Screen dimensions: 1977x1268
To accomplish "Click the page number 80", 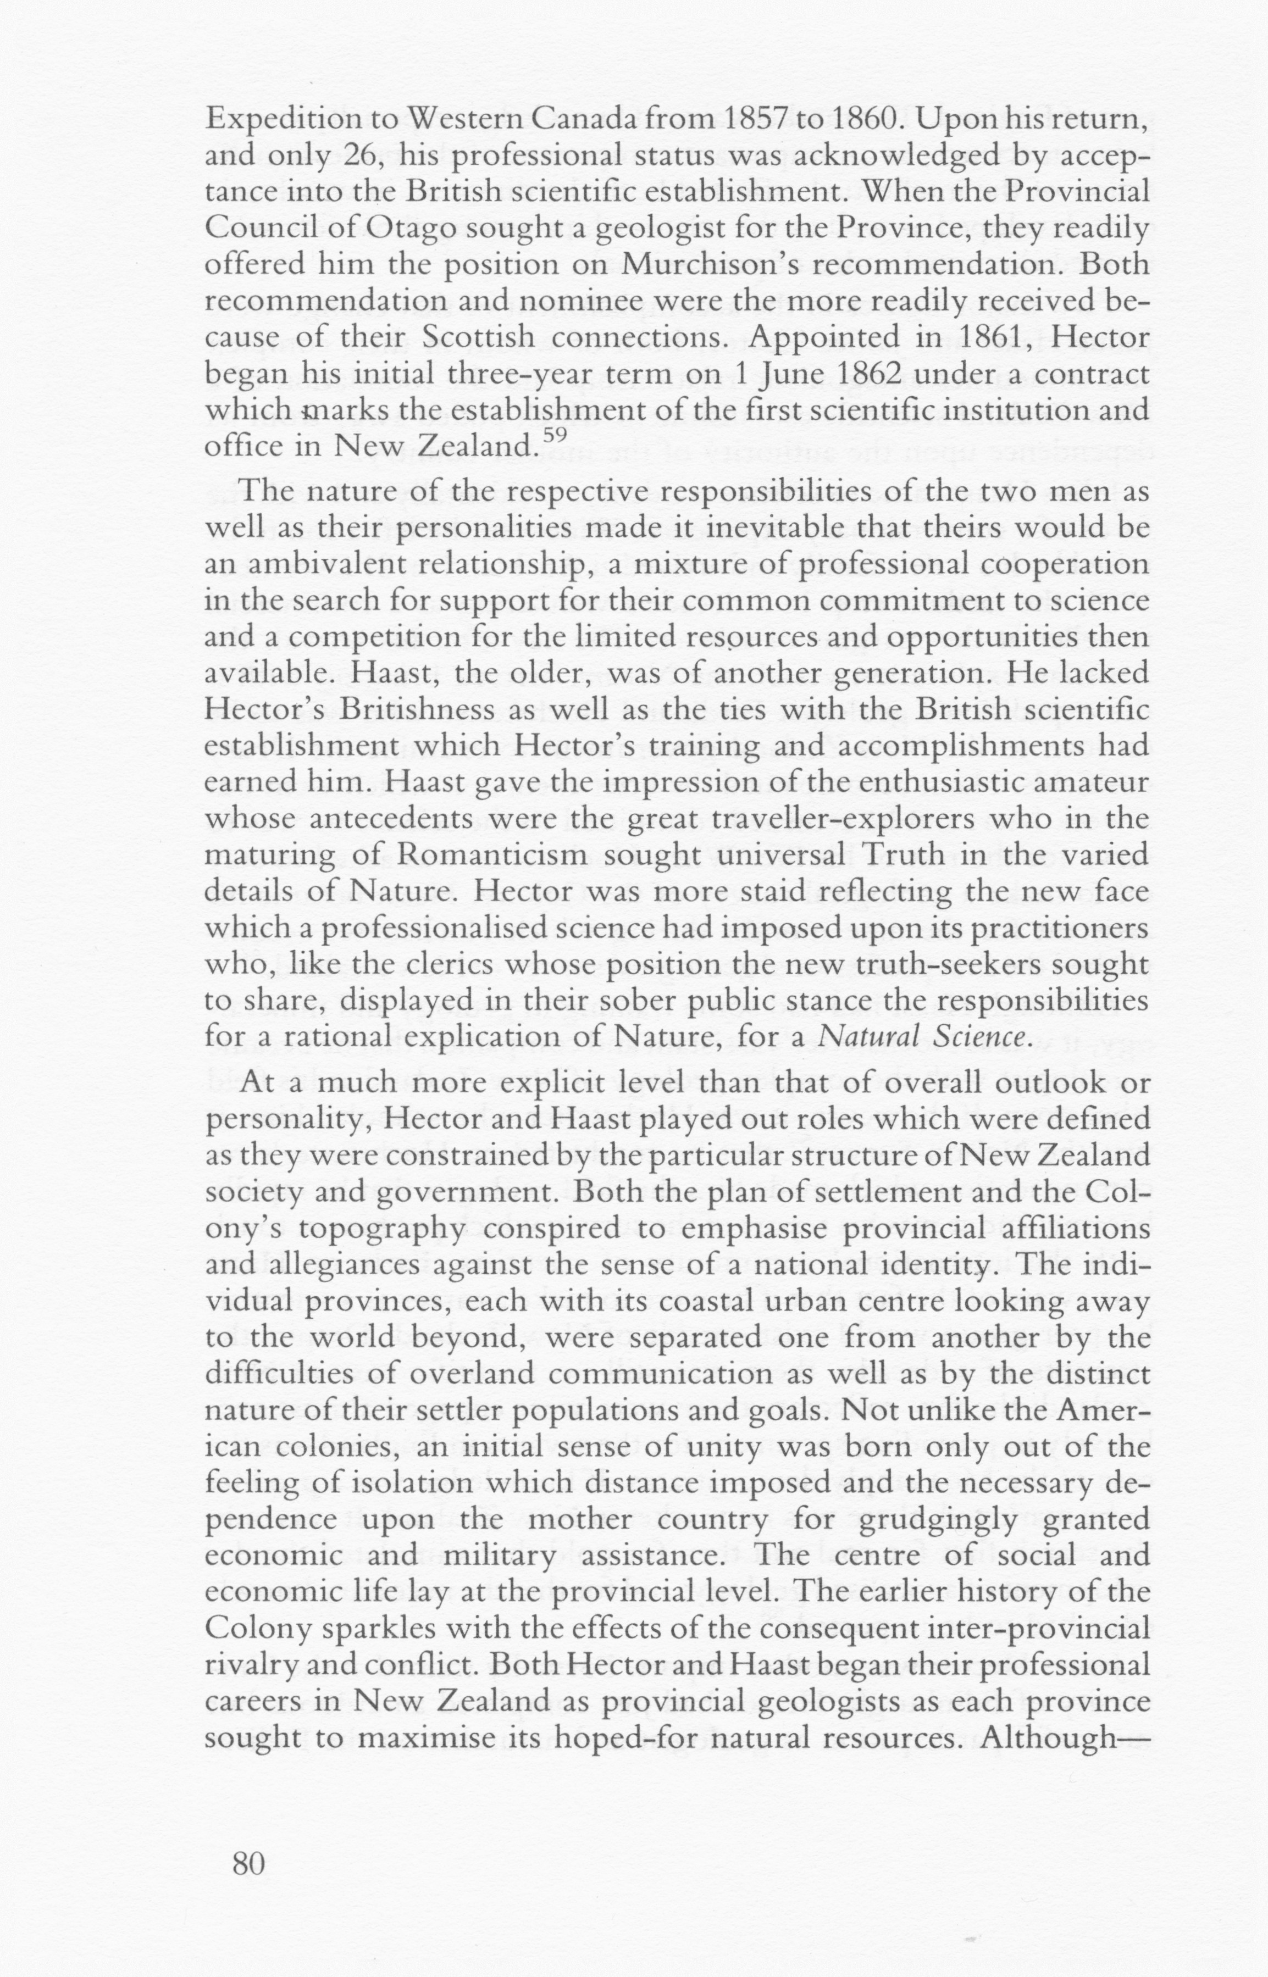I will point(248,1863).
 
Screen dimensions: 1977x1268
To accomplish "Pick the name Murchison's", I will point(712,264).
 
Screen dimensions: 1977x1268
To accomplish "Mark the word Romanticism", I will point(491,855).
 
